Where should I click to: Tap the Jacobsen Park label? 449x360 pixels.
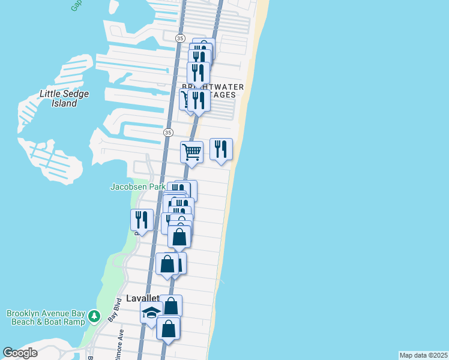tap(137, 187)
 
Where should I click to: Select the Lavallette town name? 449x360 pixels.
tap(142, 298)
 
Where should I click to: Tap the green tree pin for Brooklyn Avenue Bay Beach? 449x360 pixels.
tap(94, 316)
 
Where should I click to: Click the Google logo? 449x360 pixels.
tap(20, 353)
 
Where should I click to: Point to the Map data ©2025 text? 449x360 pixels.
tap(423, 355)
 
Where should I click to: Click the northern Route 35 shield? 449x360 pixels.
tap(180, 38)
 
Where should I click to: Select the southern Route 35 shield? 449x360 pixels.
tap(168, 132)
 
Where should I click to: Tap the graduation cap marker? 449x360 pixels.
tap(151, 312)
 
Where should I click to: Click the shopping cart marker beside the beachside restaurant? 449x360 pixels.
tap(191, 152)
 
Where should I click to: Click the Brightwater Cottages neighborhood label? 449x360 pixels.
tap(213, 91)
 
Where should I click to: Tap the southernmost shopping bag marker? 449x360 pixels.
tap(168, 328)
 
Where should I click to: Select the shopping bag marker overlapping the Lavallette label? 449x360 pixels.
tap(171, 306)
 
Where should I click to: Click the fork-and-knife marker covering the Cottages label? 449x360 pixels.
tap(198, 100)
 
